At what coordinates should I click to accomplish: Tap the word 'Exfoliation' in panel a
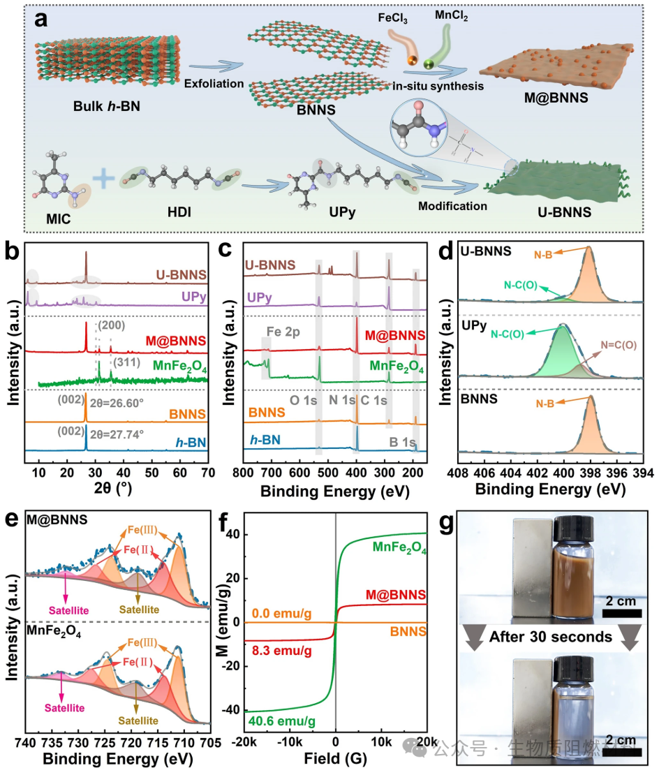pos(214,84)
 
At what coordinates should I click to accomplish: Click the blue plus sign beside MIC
pos(103,180)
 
